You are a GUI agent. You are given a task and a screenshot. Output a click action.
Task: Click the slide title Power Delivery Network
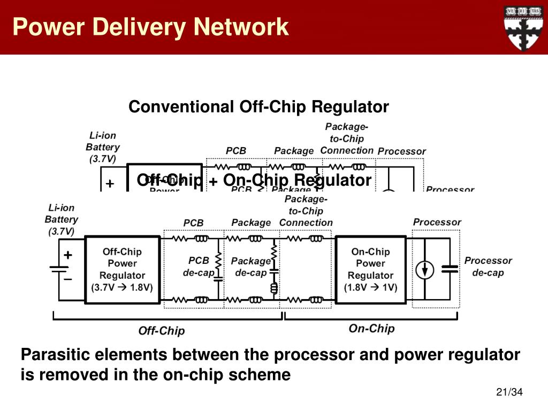(x=150, y=27)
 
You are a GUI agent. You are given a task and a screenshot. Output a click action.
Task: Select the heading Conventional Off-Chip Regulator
(x=258, y=107)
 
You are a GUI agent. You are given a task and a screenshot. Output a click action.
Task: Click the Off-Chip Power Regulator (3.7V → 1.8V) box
(x=122, y=269)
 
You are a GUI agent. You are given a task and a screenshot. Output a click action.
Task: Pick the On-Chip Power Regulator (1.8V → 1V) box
(x=370, y=269)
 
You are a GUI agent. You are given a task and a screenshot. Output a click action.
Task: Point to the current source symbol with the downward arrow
(x=425, y=270)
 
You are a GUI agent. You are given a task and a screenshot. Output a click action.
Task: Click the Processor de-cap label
(x=488, y=267)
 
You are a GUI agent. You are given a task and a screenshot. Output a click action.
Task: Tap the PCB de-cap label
(x=199, y=267)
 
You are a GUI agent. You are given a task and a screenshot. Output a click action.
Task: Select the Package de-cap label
(x=250, y=267)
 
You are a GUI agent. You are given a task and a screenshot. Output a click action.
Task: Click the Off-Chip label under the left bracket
(x=161, y=331)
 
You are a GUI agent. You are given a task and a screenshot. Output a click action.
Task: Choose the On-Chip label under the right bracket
(x=371, y=329)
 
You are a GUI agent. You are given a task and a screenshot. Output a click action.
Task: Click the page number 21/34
(x=509, y=393)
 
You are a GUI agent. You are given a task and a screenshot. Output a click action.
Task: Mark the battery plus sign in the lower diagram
(x=68, y=255)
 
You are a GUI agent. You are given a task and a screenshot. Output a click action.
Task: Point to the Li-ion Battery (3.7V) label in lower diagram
(x=61, y=219)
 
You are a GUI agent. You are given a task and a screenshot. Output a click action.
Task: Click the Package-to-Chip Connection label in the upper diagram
(x=347, y=139)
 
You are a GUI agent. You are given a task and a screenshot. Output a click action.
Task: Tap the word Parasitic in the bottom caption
(x=56, y=355)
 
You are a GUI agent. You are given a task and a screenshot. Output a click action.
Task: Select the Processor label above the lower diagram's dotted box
(x=437, y=222)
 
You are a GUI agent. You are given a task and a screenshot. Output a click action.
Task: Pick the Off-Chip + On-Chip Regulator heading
(x=254, y=180)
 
